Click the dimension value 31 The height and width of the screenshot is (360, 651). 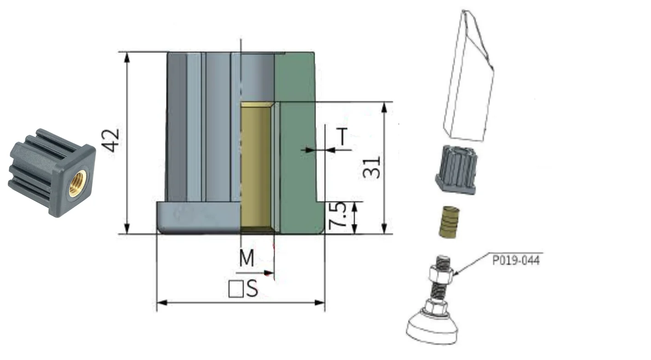coord(372,167)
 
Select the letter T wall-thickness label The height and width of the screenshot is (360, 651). coord(343,136)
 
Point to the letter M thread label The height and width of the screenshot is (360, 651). coord(247,258)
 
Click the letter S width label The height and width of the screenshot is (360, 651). coord(252,289)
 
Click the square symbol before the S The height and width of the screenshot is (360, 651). coord(236,289)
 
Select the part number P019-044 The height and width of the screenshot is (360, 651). coord(516,260)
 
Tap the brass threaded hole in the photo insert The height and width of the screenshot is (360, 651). coord(78,183)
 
